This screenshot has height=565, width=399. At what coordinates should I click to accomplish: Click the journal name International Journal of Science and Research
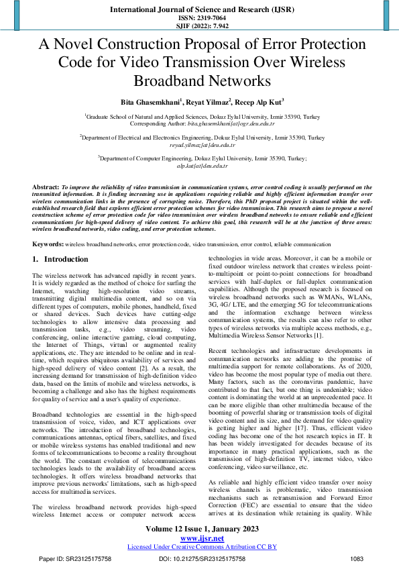pyautogui.click(x=198, y=10)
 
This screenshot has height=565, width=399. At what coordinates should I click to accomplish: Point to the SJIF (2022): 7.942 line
pyautogui.click(x=199, y=27)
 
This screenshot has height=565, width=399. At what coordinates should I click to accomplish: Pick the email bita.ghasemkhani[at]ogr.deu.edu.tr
pyautogui.click(x=221, y=124)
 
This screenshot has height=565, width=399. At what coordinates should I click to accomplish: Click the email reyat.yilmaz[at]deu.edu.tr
pyautogui.click(x=203, y=145)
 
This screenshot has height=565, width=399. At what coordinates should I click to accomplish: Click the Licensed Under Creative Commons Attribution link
pyautogui.click(x=202, y=546)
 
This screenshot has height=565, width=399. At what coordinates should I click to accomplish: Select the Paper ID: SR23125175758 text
pyautogui.click(x=75, y=558)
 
